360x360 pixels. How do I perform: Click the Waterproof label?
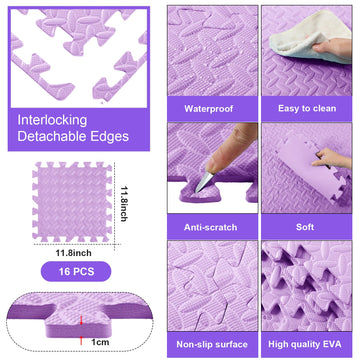pos(209,109)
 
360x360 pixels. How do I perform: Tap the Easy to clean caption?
pos(307,109)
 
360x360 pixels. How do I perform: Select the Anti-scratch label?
pos(210,227)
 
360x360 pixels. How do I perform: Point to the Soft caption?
pos(305,227)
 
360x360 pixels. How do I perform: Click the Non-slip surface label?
pos(212,344)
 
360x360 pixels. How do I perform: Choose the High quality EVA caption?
pos(305,344)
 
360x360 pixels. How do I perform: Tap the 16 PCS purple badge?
pos(76,272)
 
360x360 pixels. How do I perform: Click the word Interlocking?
pos(52,120)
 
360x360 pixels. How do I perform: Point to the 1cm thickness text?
pos(100,342)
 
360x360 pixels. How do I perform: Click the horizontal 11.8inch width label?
pos(74,253)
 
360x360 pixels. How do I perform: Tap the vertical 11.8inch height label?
pos(123,203)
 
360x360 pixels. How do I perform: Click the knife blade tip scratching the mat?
pos(196,192)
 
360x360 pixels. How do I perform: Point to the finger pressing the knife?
pos(231,148)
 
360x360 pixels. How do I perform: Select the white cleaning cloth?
pos(310,37)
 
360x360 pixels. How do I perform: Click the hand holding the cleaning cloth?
pos(332,47)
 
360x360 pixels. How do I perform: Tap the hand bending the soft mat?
pos(332,158)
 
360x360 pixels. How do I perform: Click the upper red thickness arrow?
pos(81,320)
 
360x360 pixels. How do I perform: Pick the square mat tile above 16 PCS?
pos(72,202)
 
